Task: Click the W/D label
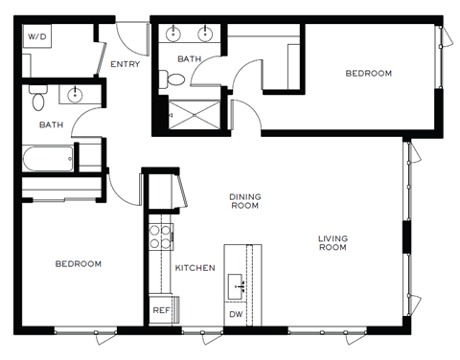pyautogui.click(x=36, y=36)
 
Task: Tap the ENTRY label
pyautogui.click(x=125, y=65)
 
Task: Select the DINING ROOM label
pyautogui.click(x=244, y=200)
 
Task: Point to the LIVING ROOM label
pyautogui.click(x=333, y=242)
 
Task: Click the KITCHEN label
pyautogui.click(x=195, y=268)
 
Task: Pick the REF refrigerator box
pyautogui.click(x=161, y=310)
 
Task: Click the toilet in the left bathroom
pyautogui.click(x=37, y=99)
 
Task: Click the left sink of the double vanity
pyautogui.click(x=173, y=35)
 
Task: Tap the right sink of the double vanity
pyautogui.click(x=204, y=35)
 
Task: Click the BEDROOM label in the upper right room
pyautogui.click(x=369, y=73)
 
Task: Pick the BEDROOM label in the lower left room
pyautogui.click(x=78, y=263)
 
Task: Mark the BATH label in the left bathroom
pyautogui.click(x=51, y=124)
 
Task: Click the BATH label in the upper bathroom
pyautogui.click(x=190, y=59)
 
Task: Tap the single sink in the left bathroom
pyautogui.click(x=76, y=95)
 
